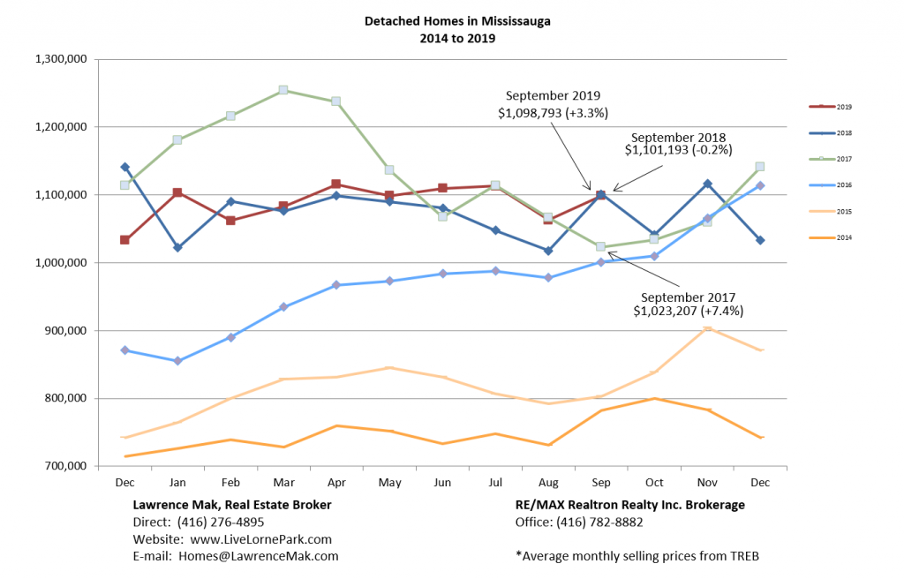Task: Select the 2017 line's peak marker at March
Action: point(283,90)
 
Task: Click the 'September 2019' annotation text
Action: point(554,95)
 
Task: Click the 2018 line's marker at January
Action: point(177,248)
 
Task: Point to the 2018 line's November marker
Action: point(707,184)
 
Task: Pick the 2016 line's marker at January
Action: point(177,361)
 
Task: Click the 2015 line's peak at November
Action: point(707,329)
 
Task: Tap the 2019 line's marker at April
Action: point(336,184)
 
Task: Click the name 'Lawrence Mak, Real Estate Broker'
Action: point(232,505)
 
